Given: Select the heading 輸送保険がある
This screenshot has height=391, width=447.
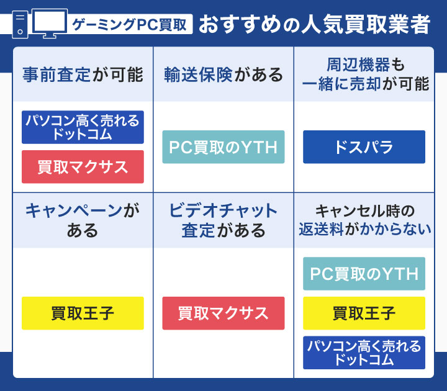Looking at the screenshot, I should (223, 75).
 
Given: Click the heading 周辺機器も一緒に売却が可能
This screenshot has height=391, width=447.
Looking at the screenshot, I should (364, 74).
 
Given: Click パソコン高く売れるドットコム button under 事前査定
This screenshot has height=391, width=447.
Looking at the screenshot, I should (83, 127).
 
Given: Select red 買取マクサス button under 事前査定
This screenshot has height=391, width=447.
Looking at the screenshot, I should (83, 167).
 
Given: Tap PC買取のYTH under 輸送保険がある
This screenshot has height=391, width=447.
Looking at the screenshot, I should (223, 147).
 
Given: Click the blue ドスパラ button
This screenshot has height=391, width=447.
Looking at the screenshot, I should (364, 147).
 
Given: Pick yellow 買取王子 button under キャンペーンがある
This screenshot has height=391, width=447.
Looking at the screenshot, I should (83, 313).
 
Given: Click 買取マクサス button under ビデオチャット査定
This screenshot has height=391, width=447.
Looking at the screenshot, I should (223, 313).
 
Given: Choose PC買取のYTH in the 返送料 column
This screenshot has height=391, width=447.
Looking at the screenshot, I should (364, 274).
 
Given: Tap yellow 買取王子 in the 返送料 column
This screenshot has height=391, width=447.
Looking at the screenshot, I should (364, 313).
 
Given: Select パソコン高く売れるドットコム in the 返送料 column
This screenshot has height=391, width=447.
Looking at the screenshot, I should (364, 353).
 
